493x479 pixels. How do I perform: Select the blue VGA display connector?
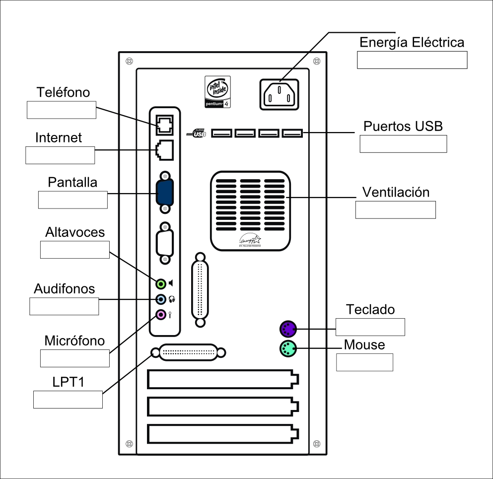tap(165, 193)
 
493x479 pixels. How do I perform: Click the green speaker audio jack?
tap(161, 283)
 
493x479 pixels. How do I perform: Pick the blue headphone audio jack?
tap(161, 299)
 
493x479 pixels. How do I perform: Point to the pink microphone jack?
tap(161, 315)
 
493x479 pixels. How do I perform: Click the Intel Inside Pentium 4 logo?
tap(217, 92)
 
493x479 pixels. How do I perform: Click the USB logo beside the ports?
tap(197, 133)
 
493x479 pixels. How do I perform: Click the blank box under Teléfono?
tap(61, 110)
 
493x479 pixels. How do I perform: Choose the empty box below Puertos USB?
tap(403, 143)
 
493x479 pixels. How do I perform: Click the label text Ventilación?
tap(396, 192)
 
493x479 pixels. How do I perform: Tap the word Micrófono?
tap(74, 341)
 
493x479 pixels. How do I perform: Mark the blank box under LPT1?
tap(68, 400)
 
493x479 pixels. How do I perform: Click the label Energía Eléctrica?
tap(412, 42)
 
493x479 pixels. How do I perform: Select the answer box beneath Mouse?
tap(364, 362)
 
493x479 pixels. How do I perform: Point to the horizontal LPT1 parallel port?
tap(189, 352)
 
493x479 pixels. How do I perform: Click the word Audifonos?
tap(64, 288)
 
